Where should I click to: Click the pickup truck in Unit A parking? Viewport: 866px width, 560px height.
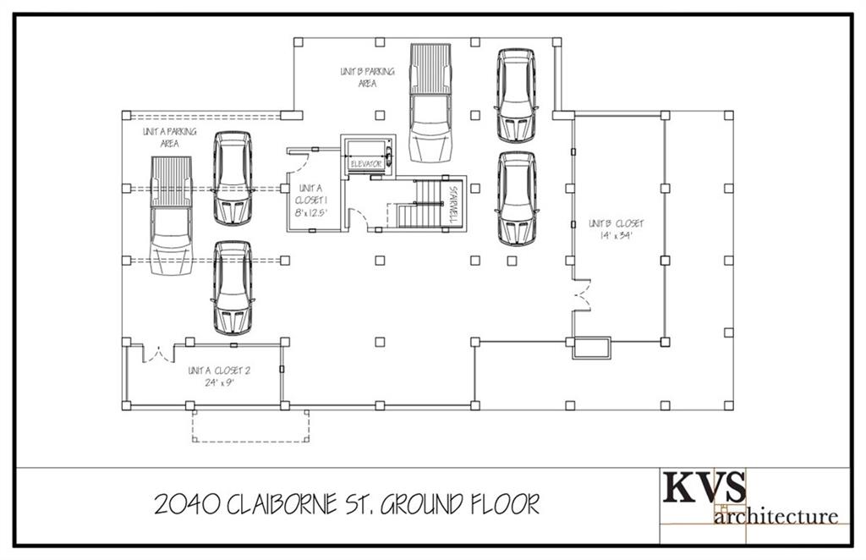pos(171,217)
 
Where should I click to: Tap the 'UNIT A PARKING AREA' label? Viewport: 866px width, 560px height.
pos(170,138)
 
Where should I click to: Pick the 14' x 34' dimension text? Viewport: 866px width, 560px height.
pos(616,235)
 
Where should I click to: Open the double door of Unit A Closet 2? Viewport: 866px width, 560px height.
pos(156,353)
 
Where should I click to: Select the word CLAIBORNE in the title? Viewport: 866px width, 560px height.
pos(289,505)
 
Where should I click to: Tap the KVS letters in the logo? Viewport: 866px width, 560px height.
pos(704,488)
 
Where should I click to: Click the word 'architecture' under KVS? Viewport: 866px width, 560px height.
pos(776,515)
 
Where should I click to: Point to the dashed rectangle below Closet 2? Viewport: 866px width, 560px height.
pos(251,426)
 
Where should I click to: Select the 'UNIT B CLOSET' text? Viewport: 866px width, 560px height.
pos(616,223)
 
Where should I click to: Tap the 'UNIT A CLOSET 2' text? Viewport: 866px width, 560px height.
pos(218,371)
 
